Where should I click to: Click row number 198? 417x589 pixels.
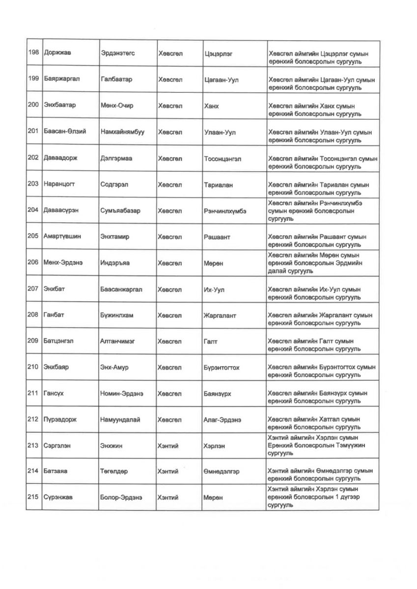pos(33,53)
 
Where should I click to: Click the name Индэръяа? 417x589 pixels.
pos(114,263)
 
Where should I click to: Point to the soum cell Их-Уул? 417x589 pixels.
pos(214,290)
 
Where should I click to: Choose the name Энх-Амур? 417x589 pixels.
pos(114,368)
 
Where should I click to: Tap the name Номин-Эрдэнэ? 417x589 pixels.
pos(121,394)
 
